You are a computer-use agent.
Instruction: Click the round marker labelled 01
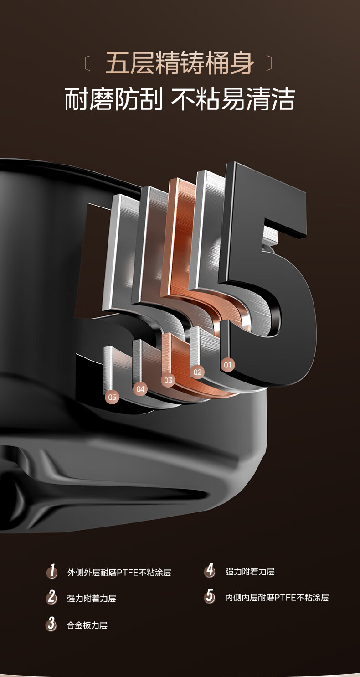[x=227, y=365]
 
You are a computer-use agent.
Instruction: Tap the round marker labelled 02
[x=197, y=372]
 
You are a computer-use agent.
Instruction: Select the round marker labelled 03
[x=168, y=381]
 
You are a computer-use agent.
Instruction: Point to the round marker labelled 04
[x=140, y=389]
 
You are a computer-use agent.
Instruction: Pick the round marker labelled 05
[x=112, y=397]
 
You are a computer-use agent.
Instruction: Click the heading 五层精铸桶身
[x=180, y=63]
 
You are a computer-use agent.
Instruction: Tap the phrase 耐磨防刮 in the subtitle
[x=114, y=99]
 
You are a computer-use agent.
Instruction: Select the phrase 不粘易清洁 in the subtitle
[x=233, y=99]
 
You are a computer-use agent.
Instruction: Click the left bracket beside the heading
[x=87, y=63]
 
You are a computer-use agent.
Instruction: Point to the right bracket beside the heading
[x=269, y=63]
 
